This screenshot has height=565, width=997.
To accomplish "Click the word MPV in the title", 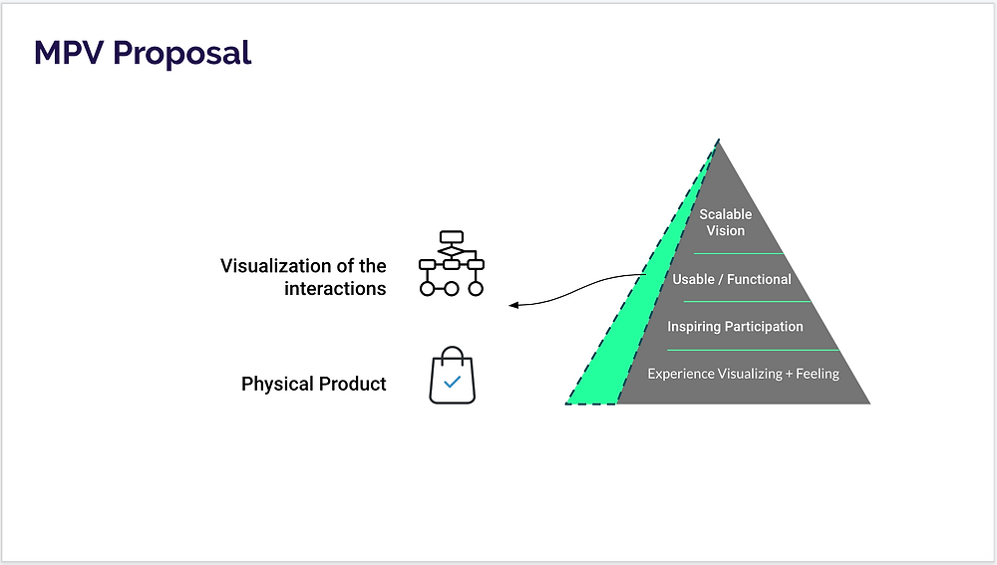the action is (69, 52).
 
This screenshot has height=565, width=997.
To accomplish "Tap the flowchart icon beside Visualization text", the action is (452, 263).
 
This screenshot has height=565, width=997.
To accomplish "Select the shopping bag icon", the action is (452, 375).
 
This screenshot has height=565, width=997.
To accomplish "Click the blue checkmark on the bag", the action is (452, 382).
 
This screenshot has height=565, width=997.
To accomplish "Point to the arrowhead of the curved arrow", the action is (513, 306).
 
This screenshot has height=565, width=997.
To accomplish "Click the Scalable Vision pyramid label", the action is (726, 222).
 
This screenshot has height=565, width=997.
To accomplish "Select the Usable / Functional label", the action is (732, 279).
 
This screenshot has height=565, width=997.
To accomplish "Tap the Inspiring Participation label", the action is (735, 327).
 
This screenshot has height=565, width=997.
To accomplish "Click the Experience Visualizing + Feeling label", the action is (744, 374).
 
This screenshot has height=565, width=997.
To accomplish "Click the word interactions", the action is (335, 289).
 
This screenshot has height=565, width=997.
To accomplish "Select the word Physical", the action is (277, 384).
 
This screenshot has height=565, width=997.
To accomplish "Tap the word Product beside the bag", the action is (352, 384).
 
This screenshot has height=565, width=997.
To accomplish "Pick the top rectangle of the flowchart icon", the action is (452, 237).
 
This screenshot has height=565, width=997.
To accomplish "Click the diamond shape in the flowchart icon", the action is (452, 252).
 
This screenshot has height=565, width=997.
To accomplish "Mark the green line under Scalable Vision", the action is (738, 253).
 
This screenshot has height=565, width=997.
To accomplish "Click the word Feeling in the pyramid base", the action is (818, 374).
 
